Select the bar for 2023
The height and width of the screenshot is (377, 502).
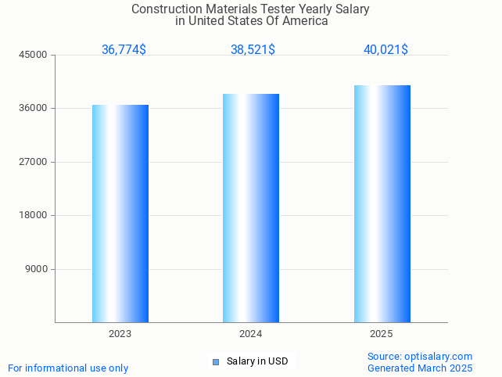120,214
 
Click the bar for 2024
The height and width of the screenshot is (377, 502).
251,208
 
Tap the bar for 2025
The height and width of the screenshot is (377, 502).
382,203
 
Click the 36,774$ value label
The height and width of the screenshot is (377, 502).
124,50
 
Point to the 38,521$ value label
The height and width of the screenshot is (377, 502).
253,50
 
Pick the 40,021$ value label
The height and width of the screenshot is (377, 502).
385,50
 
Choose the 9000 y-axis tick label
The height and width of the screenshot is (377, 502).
38,269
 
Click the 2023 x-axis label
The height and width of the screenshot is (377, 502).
120,334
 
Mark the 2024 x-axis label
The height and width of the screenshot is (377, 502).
251,334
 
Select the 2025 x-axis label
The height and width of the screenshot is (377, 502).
382,334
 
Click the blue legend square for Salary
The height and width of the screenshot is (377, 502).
216,361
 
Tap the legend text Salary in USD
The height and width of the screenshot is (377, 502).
257,361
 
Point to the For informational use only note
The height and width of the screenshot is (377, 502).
68,368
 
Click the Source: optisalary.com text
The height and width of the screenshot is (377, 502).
420,357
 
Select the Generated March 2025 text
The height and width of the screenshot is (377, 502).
420,368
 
